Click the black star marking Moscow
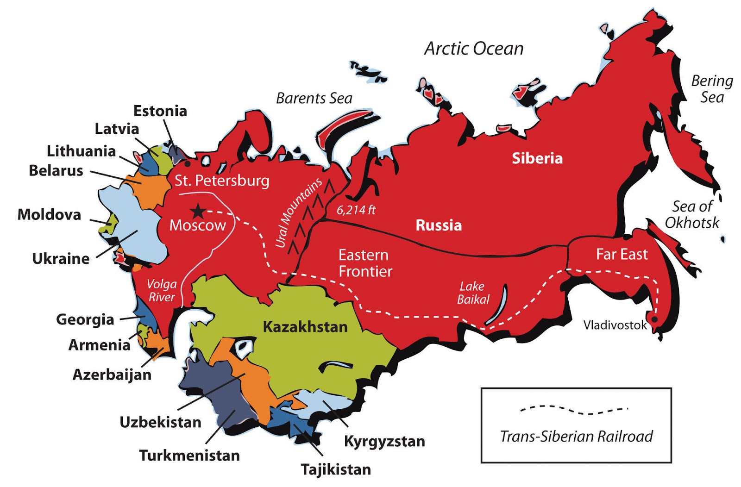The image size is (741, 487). pyautogui.click(x=198, y=211)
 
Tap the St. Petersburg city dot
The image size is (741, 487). pyautogui.click(x=188, y=163)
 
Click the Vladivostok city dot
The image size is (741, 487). pyautogui.click(x=654, y=319)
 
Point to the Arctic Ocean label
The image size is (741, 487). pyautogui.click(x=474, y=49)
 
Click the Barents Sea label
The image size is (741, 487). pyautogui.click(x=314, y=98)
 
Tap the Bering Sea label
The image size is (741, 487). pyautogui.click(x=712, y=89)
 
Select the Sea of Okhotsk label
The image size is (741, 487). pyautogui.click(x=692, y=214)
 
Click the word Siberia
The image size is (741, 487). pyautogui.click(x=537, y=158)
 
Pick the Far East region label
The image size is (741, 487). pyautogui.click(x=622, y=254)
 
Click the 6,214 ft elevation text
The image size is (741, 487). pyautogui.click(x=356, y=210)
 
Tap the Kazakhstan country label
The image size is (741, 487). pyautogui.click(x=305, y=327)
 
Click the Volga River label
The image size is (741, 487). pyautogui.click(x=162, y=290)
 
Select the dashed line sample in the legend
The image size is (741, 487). pyautogui.click(x=574, y=409)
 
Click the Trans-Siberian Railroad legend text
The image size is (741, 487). pyautogui.click(x=576, y=436)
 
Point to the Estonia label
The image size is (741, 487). pyautogui.click(x=160, y=111)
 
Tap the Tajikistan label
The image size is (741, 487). pyautogui.click(x=336, y=469)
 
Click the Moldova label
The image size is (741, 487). pyautogui.click(x=49, y=214)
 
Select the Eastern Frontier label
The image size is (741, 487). pyautogui.click(x=365, y=263)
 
